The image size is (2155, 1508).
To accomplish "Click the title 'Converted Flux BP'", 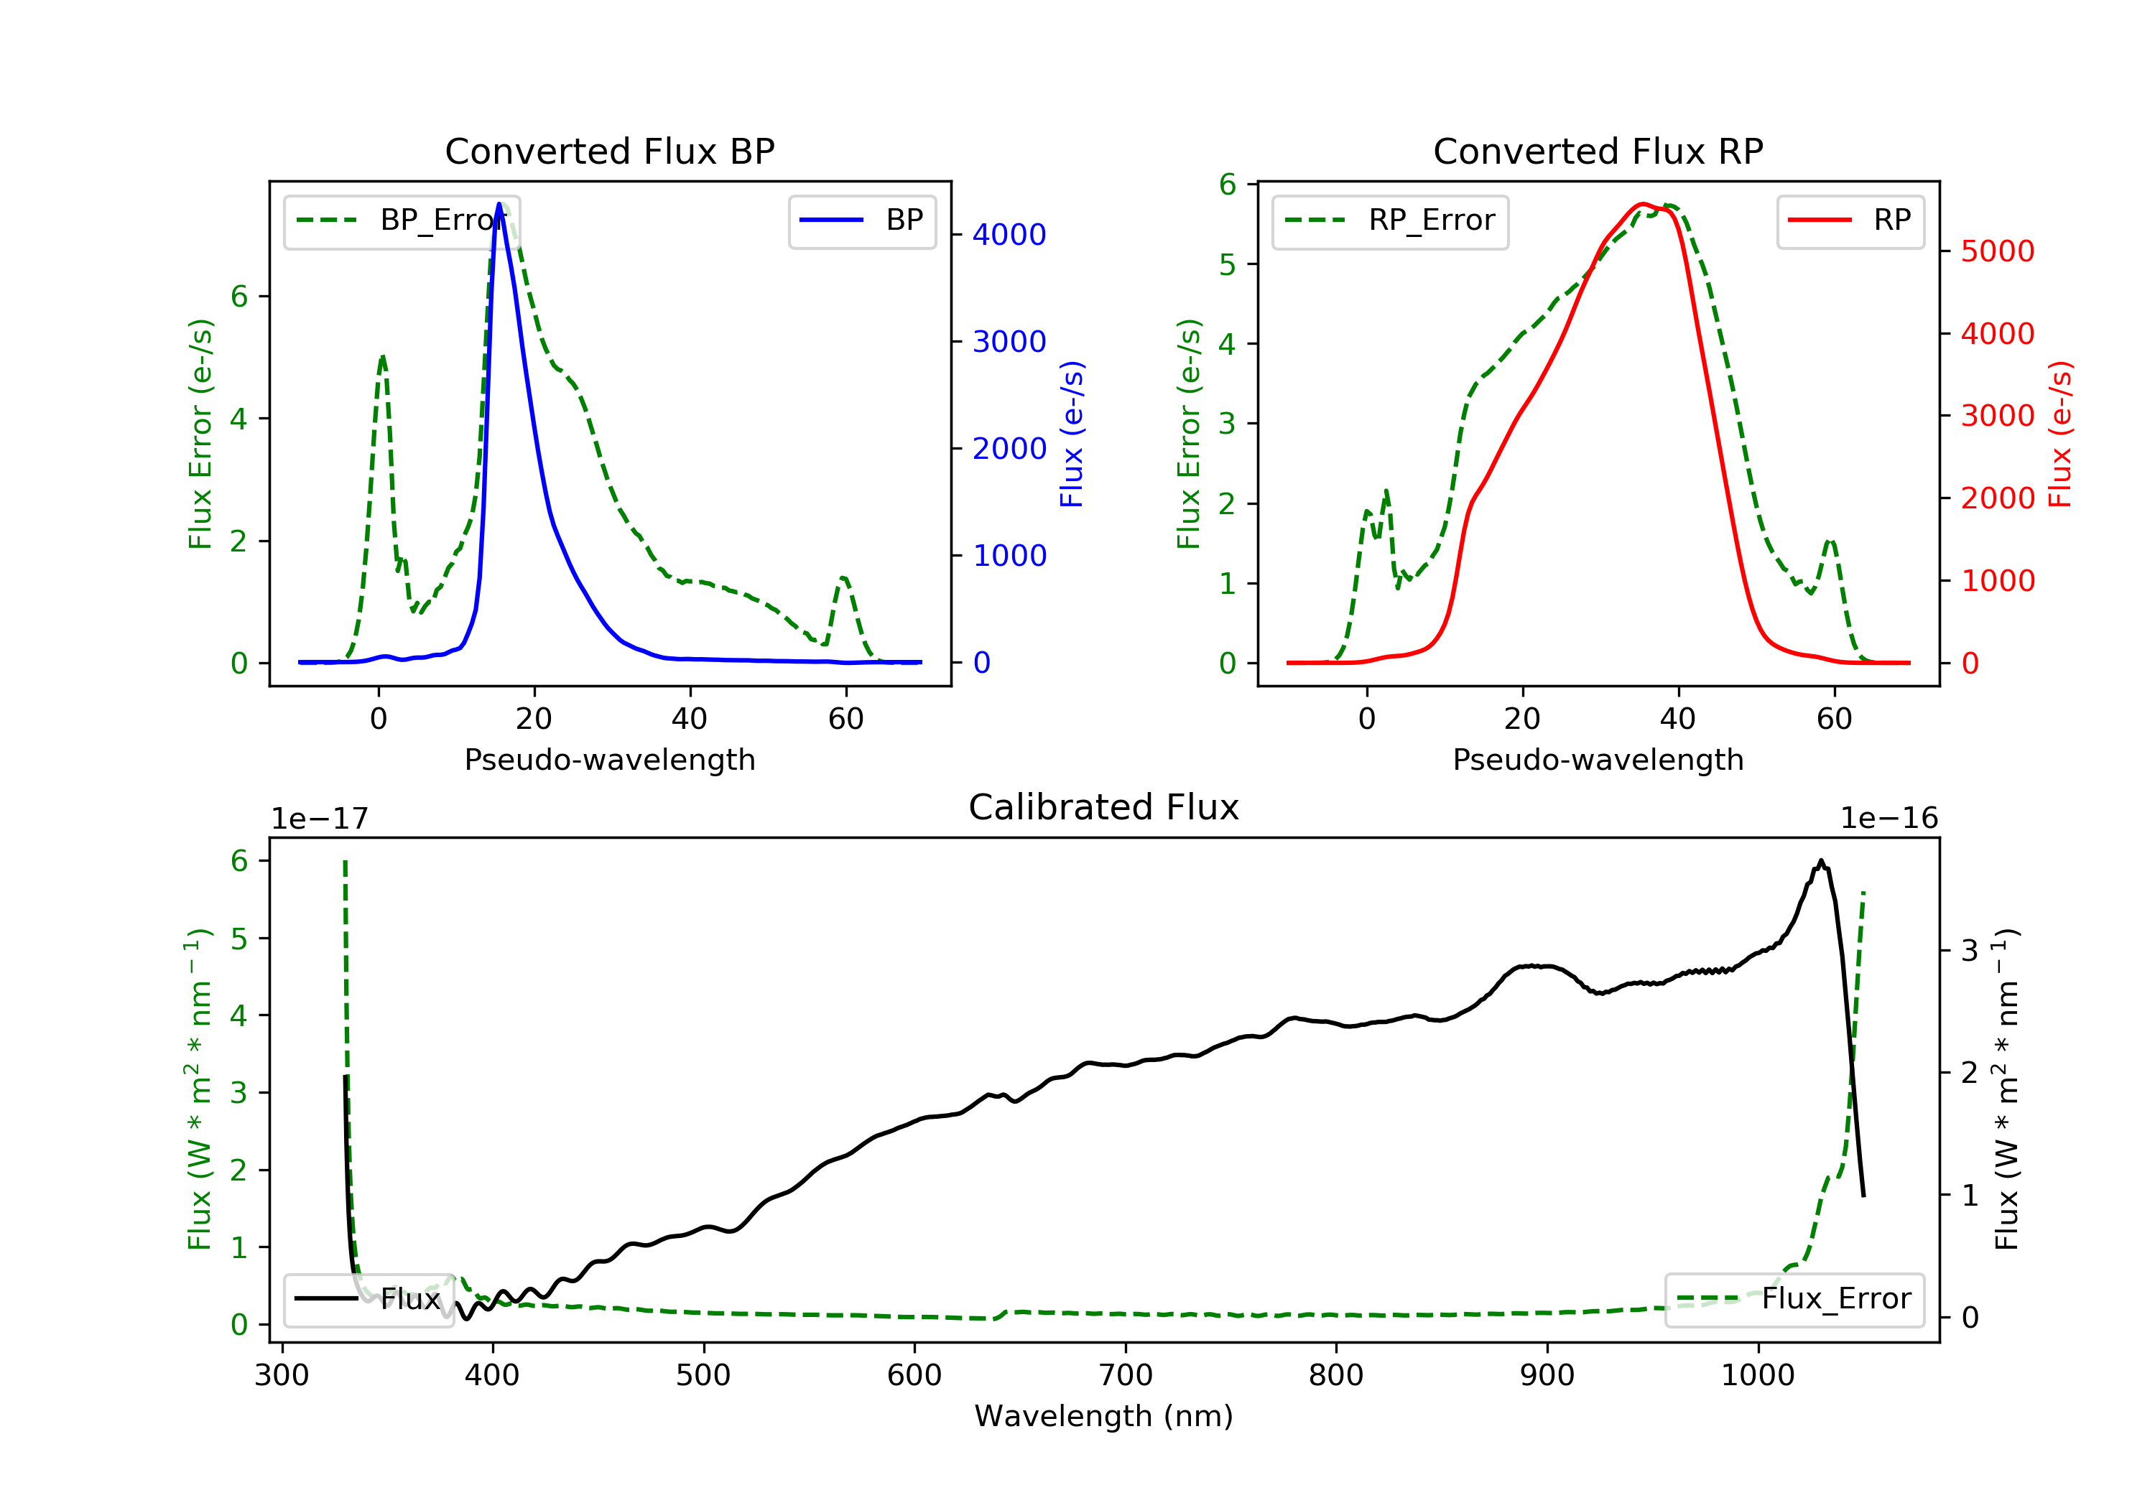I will click(x=609, y=151).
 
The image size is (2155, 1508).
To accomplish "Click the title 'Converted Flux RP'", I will click(x=1598, y=151).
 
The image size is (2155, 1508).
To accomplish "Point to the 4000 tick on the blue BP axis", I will click(x=1009, y=235).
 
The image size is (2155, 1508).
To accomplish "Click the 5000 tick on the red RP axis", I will click(x=1997, y=251).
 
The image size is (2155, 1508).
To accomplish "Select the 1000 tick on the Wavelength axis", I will click(x=1757, y=1376).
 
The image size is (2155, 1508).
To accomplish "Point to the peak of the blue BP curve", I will click(x=499, y=204).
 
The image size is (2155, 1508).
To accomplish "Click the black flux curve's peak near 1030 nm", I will click(x=1821, y=862).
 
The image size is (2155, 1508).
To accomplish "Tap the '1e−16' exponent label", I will click(x=1888, y=819).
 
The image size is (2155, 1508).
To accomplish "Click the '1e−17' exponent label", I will click(x=319, y=819).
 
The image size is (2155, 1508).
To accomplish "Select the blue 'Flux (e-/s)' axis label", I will click(x=1071, y=434).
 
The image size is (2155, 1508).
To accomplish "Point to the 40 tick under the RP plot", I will click(x=1678, y=719).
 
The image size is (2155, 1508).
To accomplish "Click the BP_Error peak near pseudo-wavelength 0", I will click(x=382, y=358).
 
